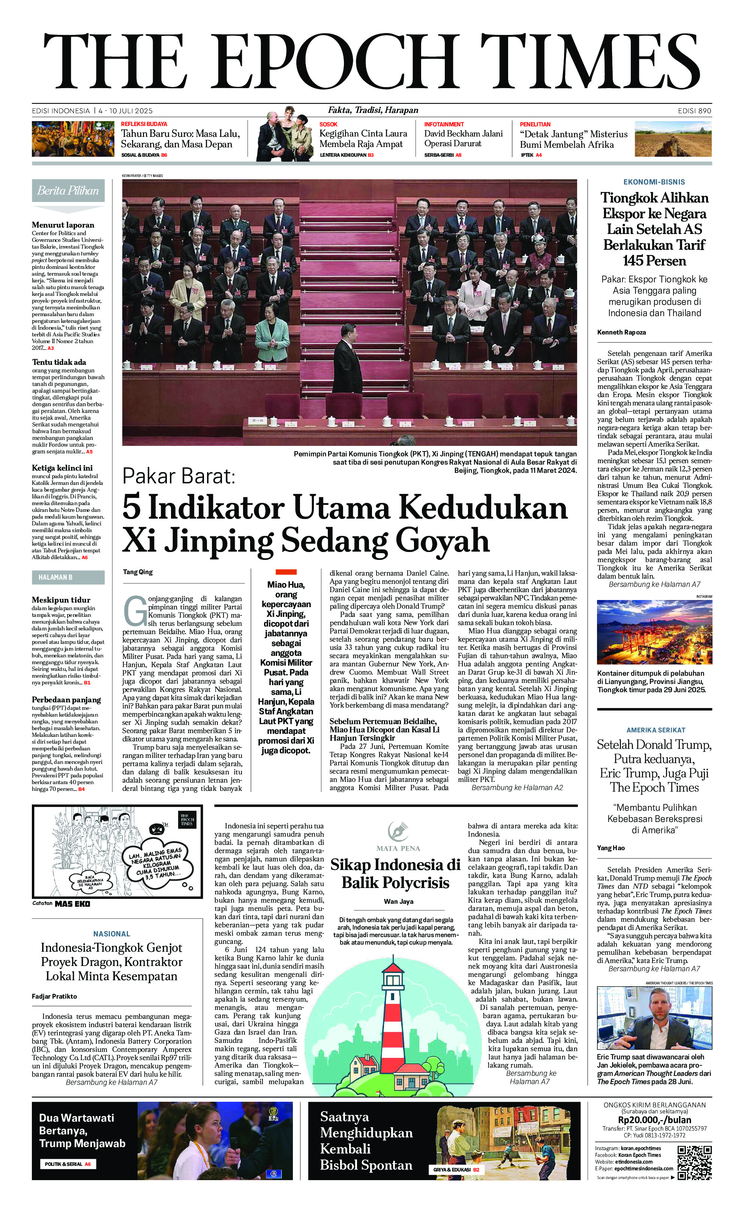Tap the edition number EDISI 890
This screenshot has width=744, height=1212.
694,111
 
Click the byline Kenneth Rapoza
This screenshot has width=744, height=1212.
621,332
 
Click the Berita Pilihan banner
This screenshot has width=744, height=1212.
68,191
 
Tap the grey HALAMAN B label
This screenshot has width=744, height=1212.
68,577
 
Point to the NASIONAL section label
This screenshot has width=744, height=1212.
112,933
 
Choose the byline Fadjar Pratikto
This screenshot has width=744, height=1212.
54,996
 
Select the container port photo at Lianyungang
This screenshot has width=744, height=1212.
654,632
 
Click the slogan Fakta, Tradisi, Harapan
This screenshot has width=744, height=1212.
373,110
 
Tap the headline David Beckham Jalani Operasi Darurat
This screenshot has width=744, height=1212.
463,138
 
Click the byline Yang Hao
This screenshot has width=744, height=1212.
610,847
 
